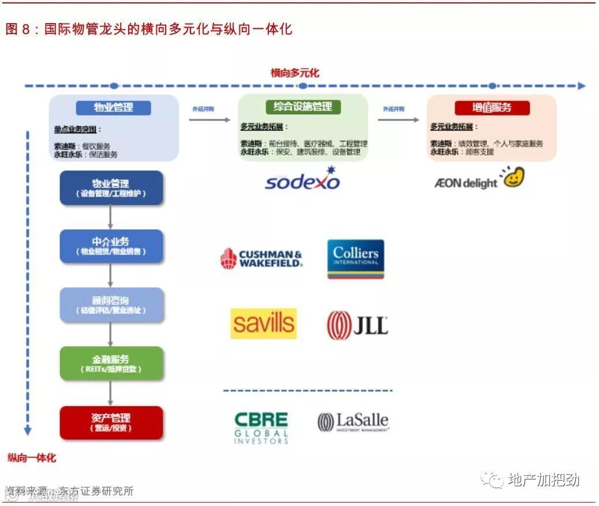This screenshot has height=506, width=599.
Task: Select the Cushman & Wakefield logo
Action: click(261, 258)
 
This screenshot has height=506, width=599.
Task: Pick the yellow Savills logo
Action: click(264, 324)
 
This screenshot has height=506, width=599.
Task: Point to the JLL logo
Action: click(357, 325)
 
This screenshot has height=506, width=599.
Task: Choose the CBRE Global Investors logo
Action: click(261, 428)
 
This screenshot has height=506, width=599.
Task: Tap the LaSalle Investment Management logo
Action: click(353, 422)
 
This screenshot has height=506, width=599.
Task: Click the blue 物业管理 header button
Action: click(114, 107)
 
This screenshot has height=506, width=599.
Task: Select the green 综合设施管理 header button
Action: click(303, 107)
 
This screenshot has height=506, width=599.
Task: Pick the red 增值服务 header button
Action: click(492, 107)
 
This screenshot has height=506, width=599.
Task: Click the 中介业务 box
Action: click(111, 246)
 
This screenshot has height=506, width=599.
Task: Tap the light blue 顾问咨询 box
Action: click(111, 305)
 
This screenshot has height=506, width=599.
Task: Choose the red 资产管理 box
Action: click(111, 422)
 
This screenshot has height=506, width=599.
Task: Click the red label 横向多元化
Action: click(295, 73)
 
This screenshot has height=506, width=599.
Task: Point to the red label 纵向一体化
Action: click(32, 458)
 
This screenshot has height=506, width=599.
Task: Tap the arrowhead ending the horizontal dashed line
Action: click(581, 86)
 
